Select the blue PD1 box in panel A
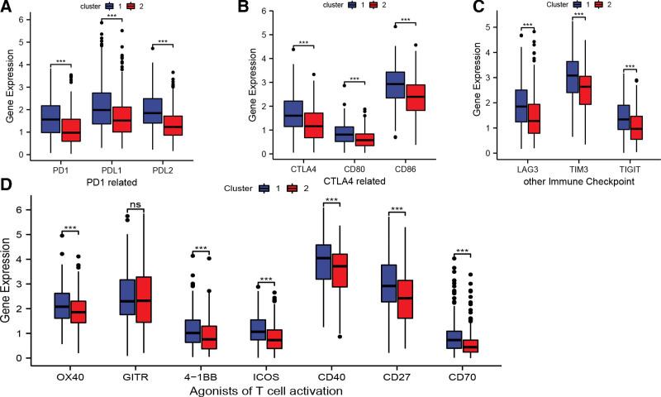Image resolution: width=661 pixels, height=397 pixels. pos(50,119)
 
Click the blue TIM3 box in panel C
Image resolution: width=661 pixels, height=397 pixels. pos(572,88)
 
